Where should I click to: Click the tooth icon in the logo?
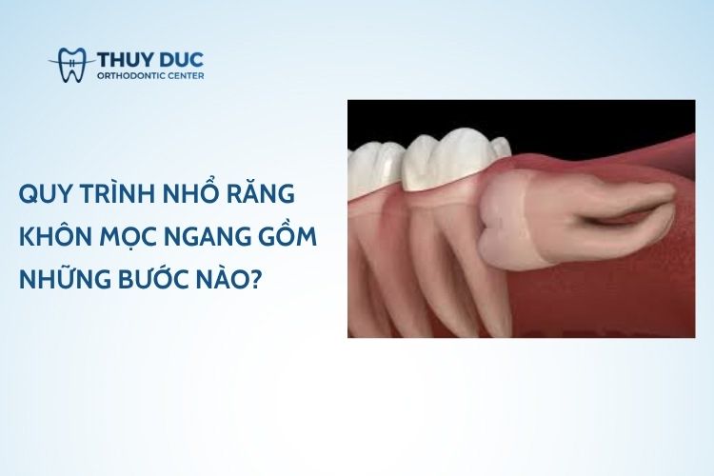click(x=73, y=65)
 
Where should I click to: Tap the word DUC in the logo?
click(x=181, y=60)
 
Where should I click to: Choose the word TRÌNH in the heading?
click(x=115, y=192)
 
